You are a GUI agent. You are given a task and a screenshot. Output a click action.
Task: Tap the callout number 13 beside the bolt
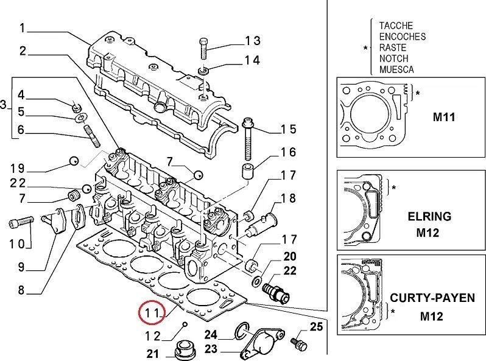coord(253,41)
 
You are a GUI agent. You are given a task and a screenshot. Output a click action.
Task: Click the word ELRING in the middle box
coord(429,216)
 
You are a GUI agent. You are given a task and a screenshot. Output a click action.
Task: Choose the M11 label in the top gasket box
coord(444,117)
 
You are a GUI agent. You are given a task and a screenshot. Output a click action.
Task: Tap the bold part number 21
coord(154,354)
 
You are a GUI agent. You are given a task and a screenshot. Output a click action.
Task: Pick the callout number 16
coord(288,152)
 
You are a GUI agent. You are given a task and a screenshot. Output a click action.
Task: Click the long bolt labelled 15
coord(248,138)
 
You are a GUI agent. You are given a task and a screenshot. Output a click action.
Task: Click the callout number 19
coord(18,168)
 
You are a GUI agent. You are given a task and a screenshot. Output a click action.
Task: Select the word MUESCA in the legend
coord(396,69)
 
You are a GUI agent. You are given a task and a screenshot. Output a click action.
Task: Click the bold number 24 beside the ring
coord(211,334)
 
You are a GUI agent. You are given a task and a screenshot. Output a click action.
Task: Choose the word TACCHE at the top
coord(396,26)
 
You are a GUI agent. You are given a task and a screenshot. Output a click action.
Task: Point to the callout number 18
coord(288,198)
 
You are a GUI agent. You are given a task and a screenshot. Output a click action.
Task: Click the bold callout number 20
coord(290,256)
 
